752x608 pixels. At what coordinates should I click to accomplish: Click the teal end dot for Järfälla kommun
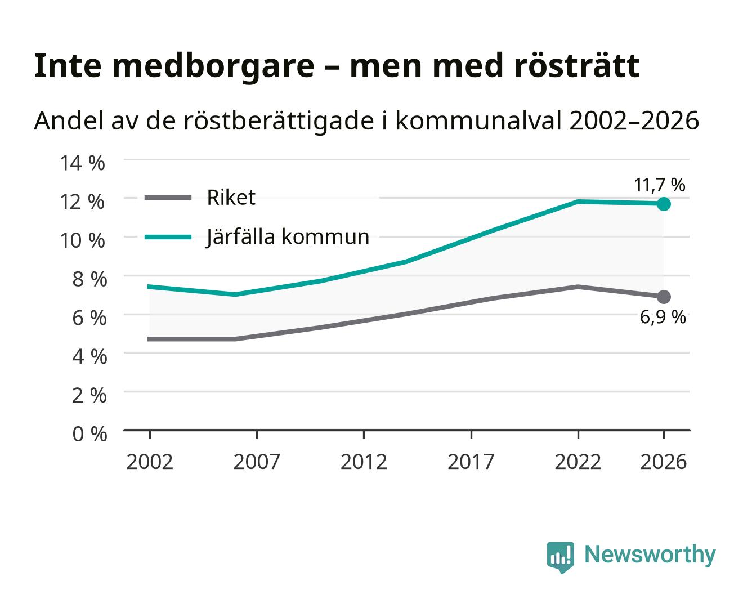click(664, 204)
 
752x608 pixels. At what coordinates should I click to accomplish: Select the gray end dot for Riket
click(664, 297)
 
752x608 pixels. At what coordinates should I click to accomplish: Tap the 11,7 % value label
click(660, 185)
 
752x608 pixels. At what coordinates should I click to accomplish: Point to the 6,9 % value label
click(663, 317)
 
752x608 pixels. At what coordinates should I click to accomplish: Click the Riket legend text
click(231, 198)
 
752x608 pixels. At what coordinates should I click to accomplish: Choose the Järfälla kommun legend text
click(288, 237)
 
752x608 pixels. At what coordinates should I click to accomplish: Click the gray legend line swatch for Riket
click(168, 198)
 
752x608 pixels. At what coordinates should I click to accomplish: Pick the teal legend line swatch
click(168, 237)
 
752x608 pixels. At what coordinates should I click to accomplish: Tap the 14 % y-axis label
click(82, 163)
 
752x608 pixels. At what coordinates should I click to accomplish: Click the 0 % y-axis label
click(89, 434)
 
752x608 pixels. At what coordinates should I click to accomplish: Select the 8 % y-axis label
click(89, 279)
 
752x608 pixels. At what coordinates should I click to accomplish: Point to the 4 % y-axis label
click(89, 356)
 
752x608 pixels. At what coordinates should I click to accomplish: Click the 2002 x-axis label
click(150, 462)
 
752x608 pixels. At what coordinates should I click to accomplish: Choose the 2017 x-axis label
click(471, 462)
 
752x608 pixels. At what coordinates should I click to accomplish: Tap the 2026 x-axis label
click(664, 462)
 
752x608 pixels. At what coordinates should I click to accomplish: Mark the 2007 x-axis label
click(257, 462)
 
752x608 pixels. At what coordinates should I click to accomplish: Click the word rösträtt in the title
click(577, 66)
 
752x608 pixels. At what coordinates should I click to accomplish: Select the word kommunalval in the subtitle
click(478, 120)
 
